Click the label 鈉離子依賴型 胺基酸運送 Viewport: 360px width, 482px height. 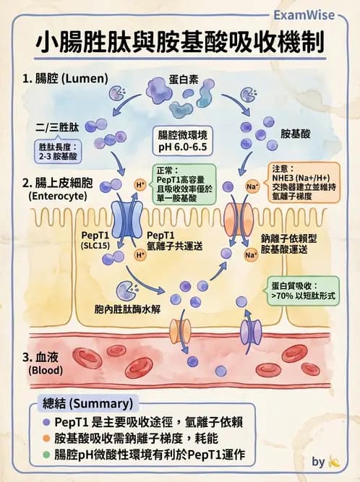point(293,244)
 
